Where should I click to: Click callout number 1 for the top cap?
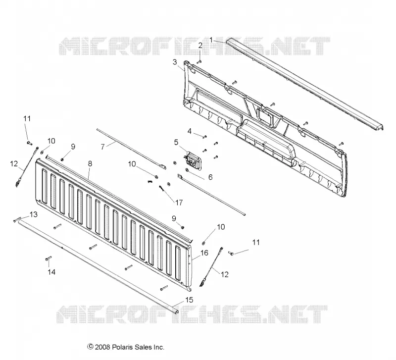click(x=211, y=40)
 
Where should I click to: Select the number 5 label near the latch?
click(x=176, y=143)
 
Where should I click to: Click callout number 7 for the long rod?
click(x=102, y=147)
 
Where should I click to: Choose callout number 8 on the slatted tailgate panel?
click(x=90, y=164)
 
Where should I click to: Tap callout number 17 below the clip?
click(x=179, y=203)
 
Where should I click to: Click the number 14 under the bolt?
click(x=51, y=272)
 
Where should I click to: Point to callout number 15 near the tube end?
click(x=189, y=300)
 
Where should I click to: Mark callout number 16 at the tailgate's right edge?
click(x=204, y=253)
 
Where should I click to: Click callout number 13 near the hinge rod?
click(x=33, y=214)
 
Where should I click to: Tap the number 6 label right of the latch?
click(x=210, y=177)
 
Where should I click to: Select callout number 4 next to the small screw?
click(x=190, y=131)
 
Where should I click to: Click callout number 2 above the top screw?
click(x=200, y=46)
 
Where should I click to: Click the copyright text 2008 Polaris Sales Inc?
click(x=126, y=347)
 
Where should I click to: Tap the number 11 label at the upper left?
click(x=27, y=118)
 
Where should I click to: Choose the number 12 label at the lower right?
click(x=225, y=274)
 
